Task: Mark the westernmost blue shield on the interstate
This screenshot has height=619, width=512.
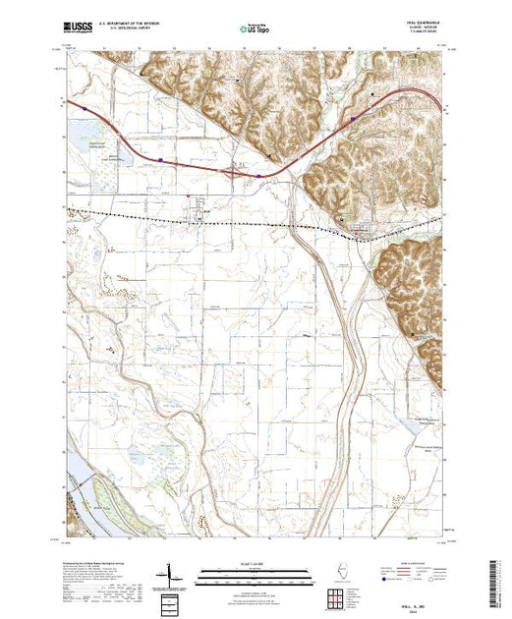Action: pyautogui.click(x=86, y=109)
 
